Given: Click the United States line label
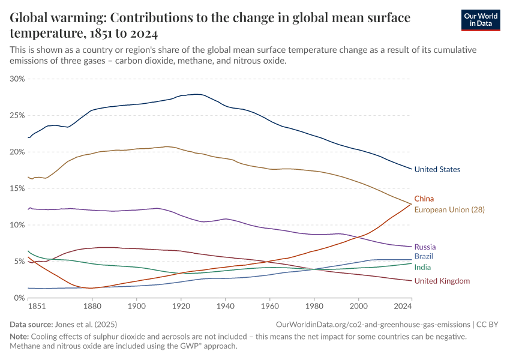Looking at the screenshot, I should pyautogui.click(x=437, y=170).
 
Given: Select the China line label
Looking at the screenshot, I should pyautogui.click(x=424, y=199).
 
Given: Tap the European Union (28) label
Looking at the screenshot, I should pyautogui.click(x=449, y=210).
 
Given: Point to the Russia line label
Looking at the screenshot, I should pyautogui.click(x=425, y=247).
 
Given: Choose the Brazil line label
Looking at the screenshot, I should pyautogui.click(x=424, y=257).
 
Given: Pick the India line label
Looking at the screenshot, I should pyautogui.click(x=422, y=268).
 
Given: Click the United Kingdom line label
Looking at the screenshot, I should pyautogui.click(x=442, y=281).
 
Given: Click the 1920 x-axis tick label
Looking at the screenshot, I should pyautogui.click(x=181, y=307).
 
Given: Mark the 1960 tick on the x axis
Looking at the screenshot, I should pyautogui.click(x=270, y=307).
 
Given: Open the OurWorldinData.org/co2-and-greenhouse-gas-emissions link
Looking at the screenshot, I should pyautogui.click(x=373, y=324).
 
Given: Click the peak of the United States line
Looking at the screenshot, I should pyautogui.click(x=197, y=94).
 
